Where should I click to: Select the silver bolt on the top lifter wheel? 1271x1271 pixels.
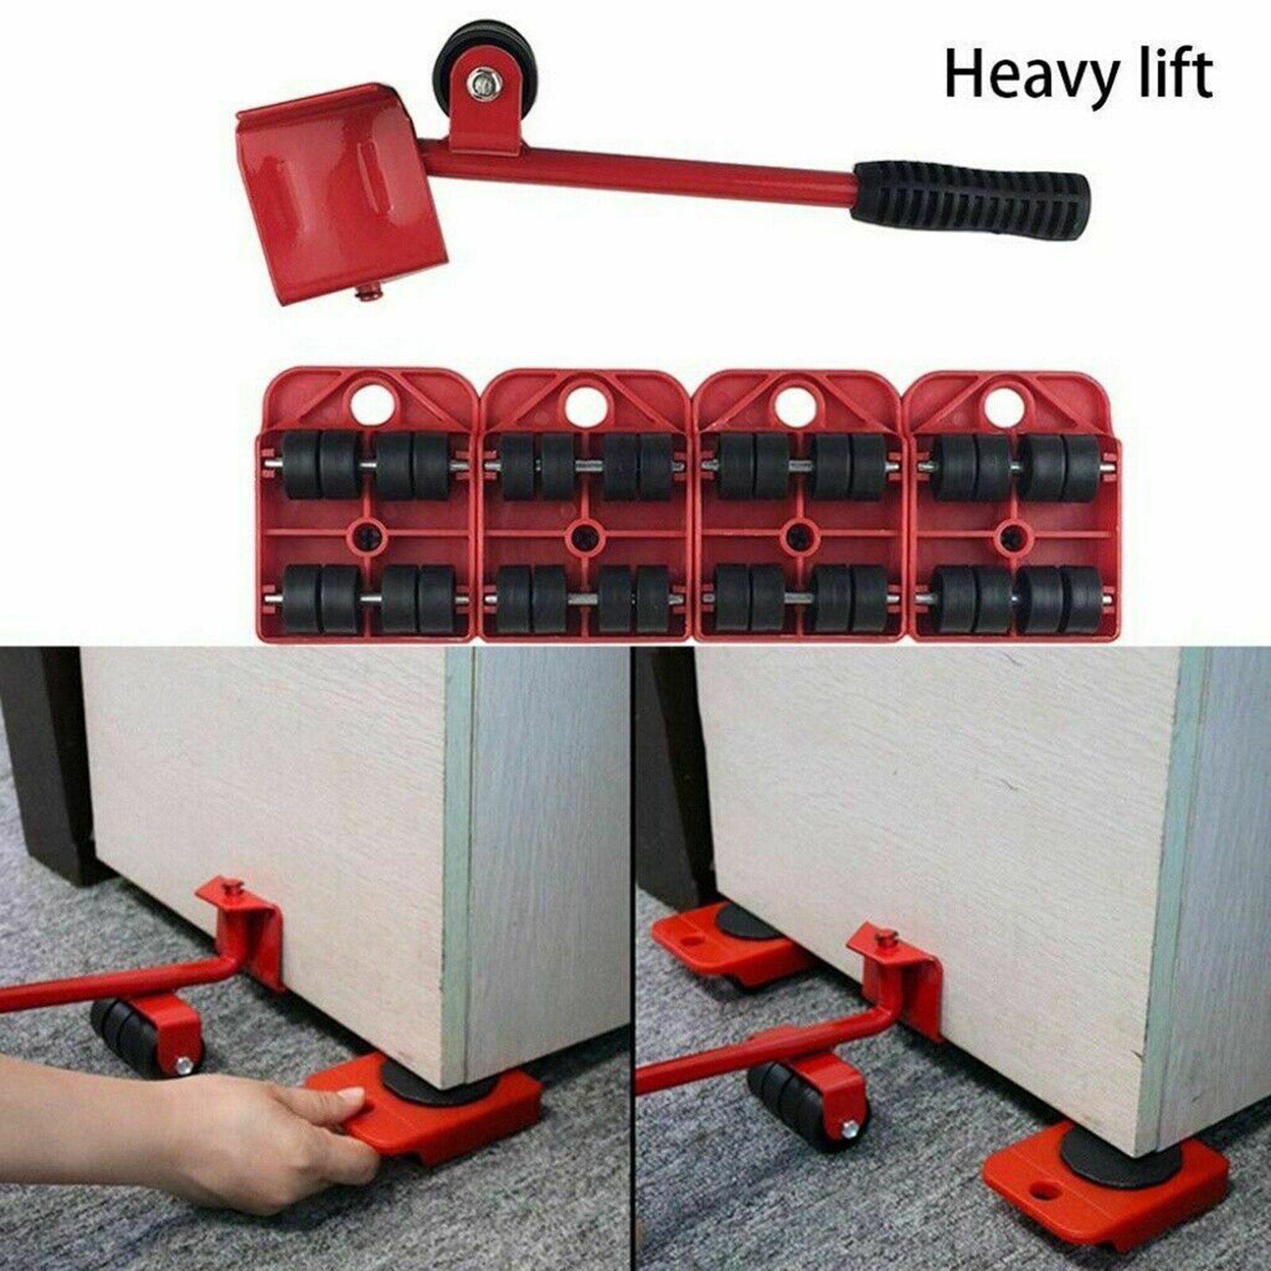click(481, 81)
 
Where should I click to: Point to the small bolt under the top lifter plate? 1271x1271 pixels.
click(368, 295)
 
